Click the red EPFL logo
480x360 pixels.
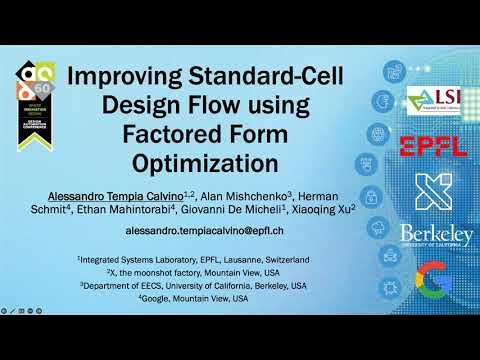(x=433, y=147)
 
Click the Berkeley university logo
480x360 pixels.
(x=433, y=236)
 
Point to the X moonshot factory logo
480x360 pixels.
(x=433, y=190)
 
